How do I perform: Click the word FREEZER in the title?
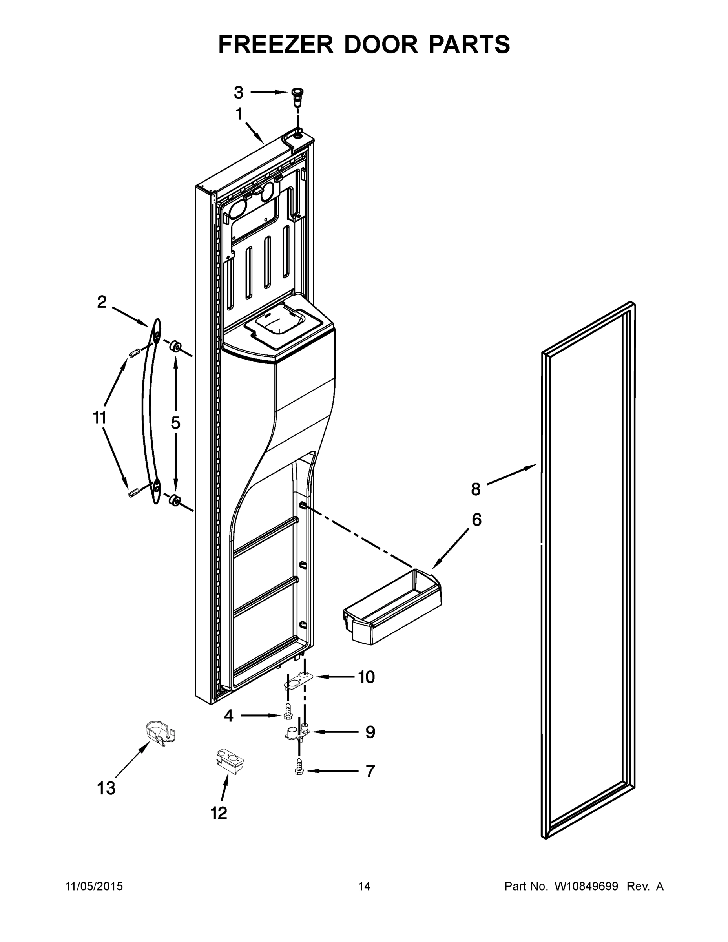tap(276, 44)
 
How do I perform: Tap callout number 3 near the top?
tap(239, 92)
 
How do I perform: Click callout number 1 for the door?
tap(239, 115)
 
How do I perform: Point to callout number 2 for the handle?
tap(102, 302)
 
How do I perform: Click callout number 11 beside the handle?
tap(100, 418)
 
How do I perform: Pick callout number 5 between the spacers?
tap(175, 423)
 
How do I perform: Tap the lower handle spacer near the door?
tap(175, 500)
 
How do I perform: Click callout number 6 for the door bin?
tap(476, 520)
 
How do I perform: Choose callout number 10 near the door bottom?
tap(366, 677)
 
